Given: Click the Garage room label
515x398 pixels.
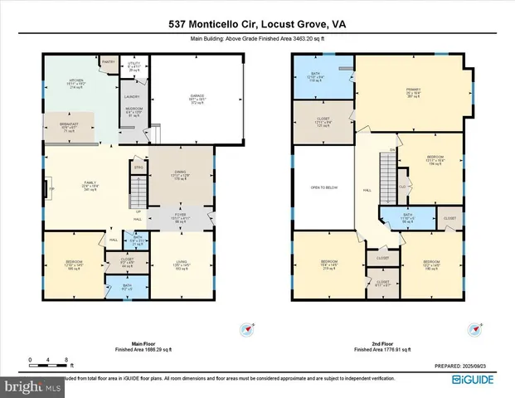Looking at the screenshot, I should coord(197,98).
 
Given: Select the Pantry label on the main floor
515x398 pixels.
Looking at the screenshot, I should coord(108,61).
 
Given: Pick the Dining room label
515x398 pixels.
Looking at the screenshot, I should coord(181,175).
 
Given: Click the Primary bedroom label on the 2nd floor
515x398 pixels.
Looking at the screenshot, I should coord(414,92).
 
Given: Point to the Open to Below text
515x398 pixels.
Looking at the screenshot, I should coord(320,188).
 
